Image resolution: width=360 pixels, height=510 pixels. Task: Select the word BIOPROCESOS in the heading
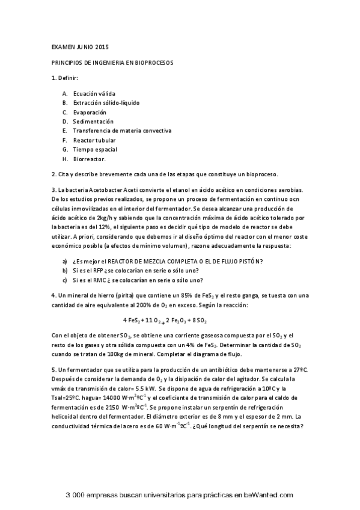(x=151, y=63)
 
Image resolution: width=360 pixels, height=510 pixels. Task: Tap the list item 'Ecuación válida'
(x=94, y=94)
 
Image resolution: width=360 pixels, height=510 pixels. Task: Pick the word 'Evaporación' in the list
(x=90, y=112)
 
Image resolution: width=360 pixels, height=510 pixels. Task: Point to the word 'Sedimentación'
(x=93, y=121)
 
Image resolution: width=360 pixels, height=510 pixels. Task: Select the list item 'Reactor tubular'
(x=94, y=140)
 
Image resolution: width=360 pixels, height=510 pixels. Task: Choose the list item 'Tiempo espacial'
(x=95, y=149)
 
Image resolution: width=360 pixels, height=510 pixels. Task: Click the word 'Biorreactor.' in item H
(x=90, y=159)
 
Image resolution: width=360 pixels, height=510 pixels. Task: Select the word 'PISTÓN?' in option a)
(x=249, y=260)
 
